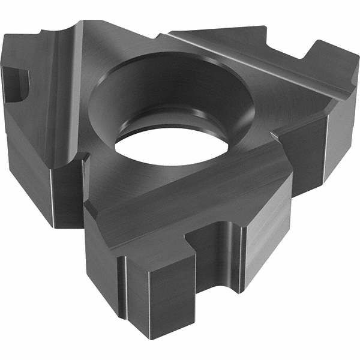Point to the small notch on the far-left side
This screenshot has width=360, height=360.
click(x=15, y=84)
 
